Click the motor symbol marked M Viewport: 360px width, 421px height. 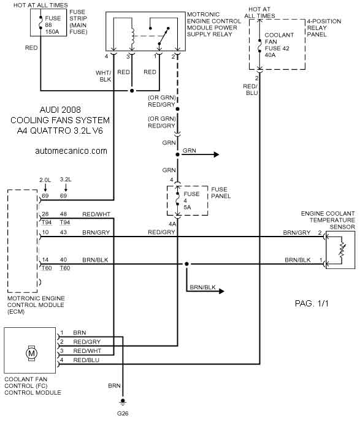tap(31, 353)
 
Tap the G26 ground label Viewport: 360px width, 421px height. tap(123, 414)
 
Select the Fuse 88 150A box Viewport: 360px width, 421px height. tap(48, 22)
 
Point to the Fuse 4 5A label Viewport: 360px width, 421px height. tap(191, 200)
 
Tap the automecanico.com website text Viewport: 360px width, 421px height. tap(71, 151)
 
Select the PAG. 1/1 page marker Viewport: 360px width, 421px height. tap(312, 303)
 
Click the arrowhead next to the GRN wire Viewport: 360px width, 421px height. tap(216, 154)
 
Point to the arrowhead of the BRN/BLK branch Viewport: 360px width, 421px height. tap(221, 291)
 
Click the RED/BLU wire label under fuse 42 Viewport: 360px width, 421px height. tap(250, 89)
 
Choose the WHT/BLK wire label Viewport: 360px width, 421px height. tap(104, 76)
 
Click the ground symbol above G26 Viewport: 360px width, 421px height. tap(123, 402)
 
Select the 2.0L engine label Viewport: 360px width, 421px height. tap(45, 180)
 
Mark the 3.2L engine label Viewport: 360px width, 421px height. tap(66, 180)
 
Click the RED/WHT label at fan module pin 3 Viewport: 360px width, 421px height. tap(87, 351)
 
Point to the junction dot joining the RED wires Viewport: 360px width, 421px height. tap(132, 91)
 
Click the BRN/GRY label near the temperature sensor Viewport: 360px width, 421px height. tap(297, 232)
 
